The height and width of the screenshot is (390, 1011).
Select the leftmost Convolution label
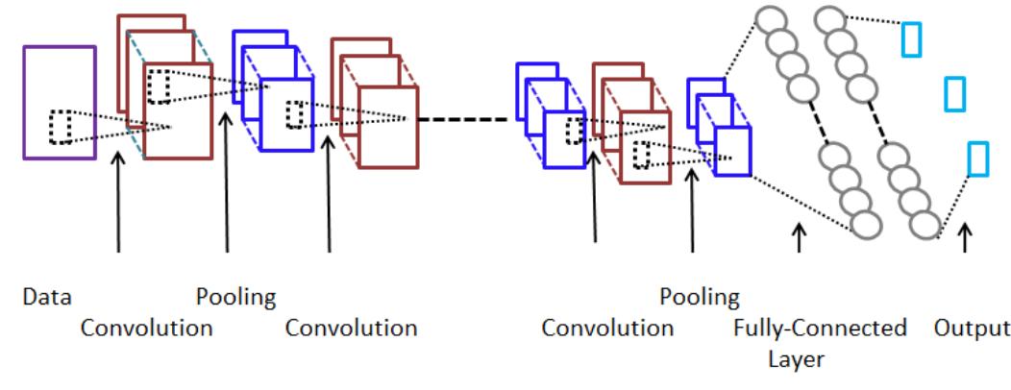tap(146, 329)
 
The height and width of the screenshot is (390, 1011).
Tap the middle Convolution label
tap(352, 329)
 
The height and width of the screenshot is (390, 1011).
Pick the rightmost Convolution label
tap(607, 329)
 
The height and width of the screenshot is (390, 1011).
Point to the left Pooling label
tap(236, 296)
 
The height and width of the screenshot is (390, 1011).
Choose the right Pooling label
tap(700, 296)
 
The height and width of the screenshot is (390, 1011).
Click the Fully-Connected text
tap(820, 329)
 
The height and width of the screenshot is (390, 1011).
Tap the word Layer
tap(796, 360)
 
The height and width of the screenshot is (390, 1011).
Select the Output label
tap(972, 329)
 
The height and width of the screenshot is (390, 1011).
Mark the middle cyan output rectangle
tap(954, 93)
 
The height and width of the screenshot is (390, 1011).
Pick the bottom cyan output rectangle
tap(977, 158)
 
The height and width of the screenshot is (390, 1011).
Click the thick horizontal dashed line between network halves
tap(467, 120)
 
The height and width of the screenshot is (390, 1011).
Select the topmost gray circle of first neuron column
tap(770, 20)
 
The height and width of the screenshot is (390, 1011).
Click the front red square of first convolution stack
tap(177, 110)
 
